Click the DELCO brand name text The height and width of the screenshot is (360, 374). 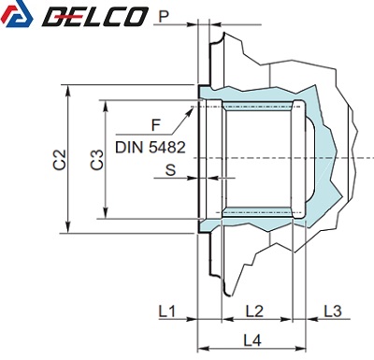click(x=94, y=17)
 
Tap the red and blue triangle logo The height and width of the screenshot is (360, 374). click(x=17, y=14)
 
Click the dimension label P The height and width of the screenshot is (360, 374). click(x=165, y=17)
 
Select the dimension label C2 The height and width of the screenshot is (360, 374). click(x=60, y=160)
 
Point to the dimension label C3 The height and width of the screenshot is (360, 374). click(x=97, y=160)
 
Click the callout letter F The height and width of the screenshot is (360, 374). click(x=155, y=125)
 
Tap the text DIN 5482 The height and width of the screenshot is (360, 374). click(x=151, y=147)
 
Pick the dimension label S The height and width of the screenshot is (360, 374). click(x=170, y=170)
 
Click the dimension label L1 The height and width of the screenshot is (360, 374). click(x=167, y=311)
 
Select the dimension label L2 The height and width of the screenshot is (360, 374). click(x=254, y=311)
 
